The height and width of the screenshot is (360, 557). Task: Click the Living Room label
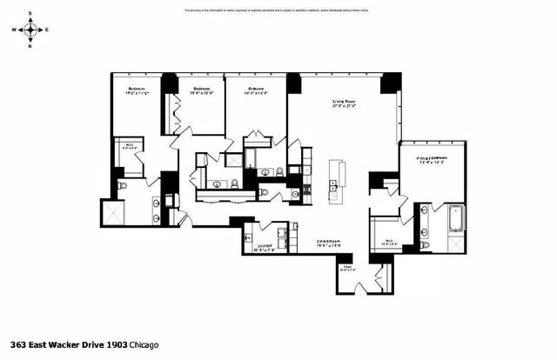(x=345, y=103)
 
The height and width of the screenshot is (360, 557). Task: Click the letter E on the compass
(x=47, y=30)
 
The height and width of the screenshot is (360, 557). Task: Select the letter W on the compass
(x=15, y=30)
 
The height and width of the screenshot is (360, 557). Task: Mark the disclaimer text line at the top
(x=278, y=10)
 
